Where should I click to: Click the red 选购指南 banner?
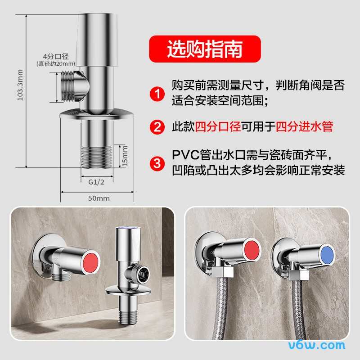[205, 49]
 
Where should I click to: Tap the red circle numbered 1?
[157, 94]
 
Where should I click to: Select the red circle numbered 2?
[157, 127]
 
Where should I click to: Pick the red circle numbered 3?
[157, 163]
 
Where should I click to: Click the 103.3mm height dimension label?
[20, 85]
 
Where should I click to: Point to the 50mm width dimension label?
[99, 198]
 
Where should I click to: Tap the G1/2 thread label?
[96, 182]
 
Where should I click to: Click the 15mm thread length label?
[125, 156]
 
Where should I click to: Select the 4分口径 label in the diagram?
[56, 57]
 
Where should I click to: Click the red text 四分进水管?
[304, 126]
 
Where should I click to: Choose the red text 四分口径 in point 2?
[218, 126]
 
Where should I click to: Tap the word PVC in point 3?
[185, 155]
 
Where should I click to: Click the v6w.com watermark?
[317, 345]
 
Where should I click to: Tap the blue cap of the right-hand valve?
[328, 255]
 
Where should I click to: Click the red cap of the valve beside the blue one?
[252, 250]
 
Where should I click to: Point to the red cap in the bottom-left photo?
[90, 262]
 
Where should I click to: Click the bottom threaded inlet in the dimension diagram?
[97, 157]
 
